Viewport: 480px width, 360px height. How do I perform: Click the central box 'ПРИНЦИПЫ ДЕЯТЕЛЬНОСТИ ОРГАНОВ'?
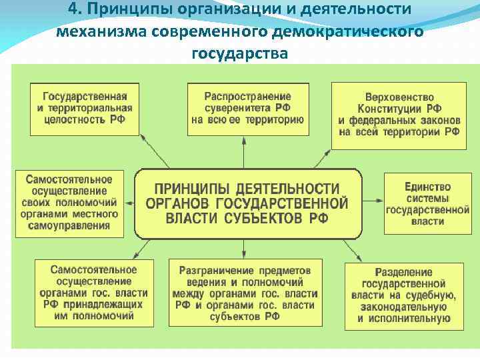click(x=247, y=203)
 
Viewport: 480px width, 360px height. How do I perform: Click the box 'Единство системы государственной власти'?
click(x=427, y=203)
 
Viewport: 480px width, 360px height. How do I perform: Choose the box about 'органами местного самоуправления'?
click(x=69, y=202)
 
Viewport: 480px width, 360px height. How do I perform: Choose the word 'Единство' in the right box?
click(x=427, y=187)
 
